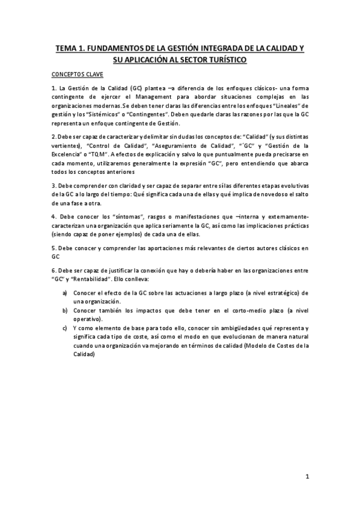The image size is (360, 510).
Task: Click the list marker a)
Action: click(x=64, y=293)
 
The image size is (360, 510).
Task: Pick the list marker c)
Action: click(x=64, y=327)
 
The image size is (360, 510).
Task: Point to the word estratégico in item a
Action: click(x=275, y=293)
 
